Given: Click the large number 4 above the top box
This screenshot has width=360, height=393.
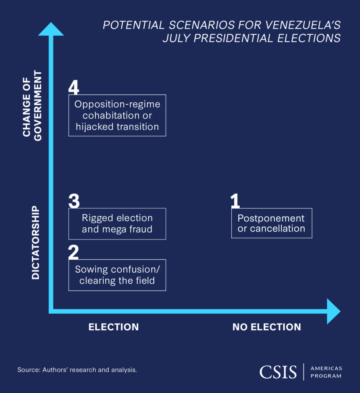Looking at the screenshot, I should (74, 87).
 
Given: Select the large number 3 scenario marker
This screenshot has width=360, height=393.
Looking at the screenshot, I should (74, 200).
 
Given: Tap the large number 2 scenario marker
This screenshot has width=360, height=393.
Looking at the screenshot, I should (73, 252).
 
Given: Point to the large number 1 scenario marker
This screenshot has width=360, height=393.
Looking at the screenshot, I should (235, 201).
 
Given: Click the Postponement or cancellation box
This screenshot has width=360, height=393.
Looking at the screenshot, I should (271, 223).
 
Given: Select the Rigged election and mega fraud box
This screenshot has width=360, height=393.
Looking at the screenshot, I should (117, 223).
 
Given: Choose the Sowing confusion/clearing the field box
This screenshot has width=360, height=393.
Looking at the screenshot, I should (117, 275).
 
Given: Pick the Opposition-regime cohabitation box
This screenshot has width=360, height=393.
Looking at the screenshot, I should (117, 115).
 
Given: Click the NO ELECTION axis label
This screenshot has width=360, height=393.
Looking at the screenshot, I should (267, 327).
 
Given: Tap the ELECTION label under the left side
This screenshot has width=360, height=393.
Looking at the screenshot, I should (113, 327).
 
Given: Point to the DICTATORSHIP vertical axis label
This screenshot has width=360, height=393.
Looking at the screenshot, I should (36, 243).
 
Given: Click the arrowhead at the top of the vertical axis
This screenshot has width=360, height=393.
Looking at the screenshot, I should (51, 30).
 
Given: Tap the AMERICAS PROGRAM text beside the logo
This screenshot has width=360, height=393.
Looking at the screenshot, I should (326, 372).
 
